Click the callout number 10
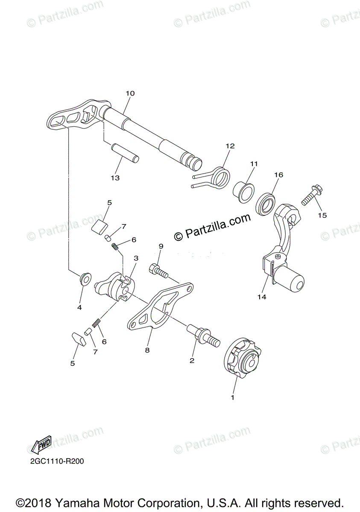pyautogui.click(x=130, y=93)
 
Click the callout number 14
pyautogui.click(x=262, y=297)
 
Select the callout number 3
pyautogui.click(x=136, y=258)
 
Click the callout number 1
pyautogui.click(x=233, y=398)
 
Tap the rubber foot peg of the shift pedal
pyautogui.click(x=291, y=281)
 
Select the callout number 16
pyautogui.click(x=278, y=175)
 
